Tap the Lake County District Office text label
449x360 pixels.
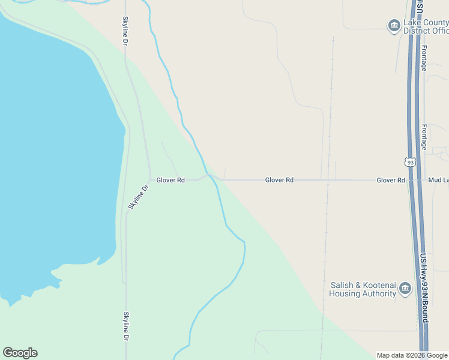pyautogui.click(x=426, y=26)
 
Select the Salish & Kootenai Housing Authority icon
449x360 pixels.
pyautogui.click(x=405, y=289)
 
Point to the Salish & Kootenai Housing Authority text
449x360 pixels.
pyautogui.click(x=363, y=290)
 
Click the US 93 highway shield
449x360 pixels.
pyautogui.click(x=410, y=162)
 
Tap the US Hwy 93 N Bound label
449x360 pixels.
pyautogui.click(x=424, y=287)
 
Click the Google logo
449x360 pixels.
pyautogui.click(x=20, y=353)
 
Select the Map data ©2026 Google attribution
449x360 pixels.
pyautogui.click(x=412, y=355)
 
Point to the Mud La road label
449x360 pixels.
pyautogui.click(x=438, y=180)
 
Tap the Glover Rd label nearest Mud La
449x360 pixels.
pyautogui.click(x=391, y=180)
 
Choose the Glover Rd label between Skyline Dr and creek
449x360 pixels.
pyautogui.click(x=170, y=180)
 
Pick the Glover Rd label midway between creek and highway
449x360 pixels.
pyautogui.click(x=279, y=180)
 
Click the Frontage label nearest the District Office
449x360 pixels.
pyautogui.click(x=424, y=58)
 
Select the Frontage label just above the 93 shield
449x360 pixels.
pyautogui.click(x=424, y=137)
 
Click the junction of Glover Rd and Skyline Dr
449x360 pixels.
pyautogui.click(x=150, y=179)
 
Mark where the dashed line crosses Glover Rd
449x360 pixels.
pyautogui.click(x=328, y=180)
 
